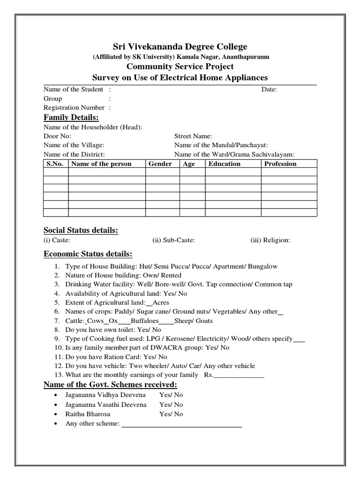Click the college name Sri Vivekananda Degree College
pyautogui.click(x=180, y=46)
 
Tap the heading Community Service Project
pyautogui.click(x=180, y=67)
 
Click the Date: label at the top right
pyautogui.click(x=269, y=89)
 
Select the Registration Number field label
pyautogui.click(x=74, y=107)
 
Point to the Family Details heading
pyautogui.click(x=71, y=117)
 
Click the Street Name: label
pyautogui.click(x=193, y=136)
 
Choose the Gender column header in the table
pyautogui.click(x=160, y=164)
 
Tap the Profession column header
pyautogui.click(x=280, y=164)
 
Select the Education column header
pyautogui.click(x=225, y=164)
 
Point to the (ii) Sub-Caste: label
pyautogui.click(x=174, y=240)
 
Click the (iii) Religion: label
pyautogui.click(x=270, y=240)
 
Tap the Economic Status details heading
pyautogui.click(x=88, y=254)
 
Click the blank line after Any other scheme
pyautogui.click(x=182, y=425)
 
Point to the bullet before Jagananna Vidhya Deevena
pyautogui.click(x=56, y=396)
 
